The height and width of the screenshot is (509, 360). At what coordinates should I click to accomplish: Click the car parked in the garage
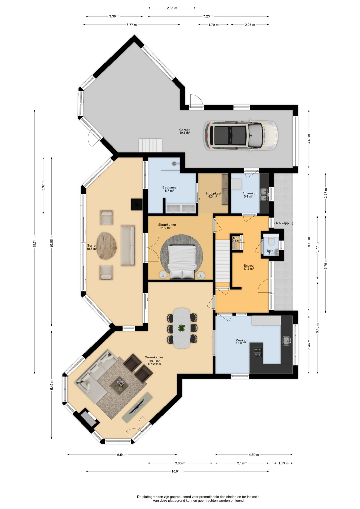pyautogui.click(x=241, y=135)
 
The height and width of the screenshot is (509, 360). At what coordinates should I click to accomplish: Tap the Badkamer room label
pyautogui.click(x=170, y=187)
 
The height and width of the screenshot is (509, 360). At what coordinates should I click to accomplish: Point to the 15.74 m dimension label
pyautogui.click(x=34, y=242)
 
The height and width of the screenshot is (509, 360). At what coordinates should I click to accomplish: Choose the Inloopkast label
pyautogui.click(x=213, y=194)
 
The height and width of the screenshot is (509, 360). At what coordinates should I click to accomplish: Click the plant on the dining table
pyautogui.click(x=182, y=328)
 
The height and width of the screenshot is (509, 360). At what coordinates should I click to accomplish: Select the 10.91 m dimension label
pyautogui.click(x=177, y=471)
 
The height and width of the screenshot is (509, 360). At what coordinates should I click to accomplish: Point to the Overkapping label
pyautogui.click(x=284, y=223)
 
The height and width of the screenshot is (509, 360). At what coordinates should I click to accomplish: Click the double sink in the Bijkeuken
pyautogui.click(x=264, y=195)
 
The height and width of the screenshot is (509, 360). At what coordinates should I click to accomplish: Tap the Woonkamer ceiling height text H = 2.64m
pyautogui.click(x=154, y=364)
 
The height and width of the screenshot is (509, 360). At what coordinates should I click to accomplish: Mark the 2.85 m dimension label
pyautogui.click(x=172, y=8)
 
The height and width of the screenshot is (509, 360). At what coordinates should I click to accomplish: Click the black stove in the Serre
pyautogui.click(x=137, y=204)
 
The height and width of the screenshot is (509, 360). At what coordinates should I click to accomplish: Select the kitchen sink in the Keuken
pyautogui.click(x=287, y=340)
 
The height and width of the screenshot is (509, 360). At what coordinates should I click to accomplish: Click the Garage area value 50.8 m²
pyautogui.click(x=185, y=133)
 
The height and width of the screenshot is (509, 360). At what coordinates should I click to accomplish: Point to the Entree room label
pyautogui.click(x=249, y=266)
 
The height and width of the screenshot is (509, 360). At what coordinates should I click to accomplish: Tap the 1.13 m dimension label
pyautogui.click(x=283, y=463)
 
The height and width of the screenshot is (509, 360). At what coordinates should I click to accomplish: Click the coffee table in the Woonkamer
pyautogui.click(x=119, y=386)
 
